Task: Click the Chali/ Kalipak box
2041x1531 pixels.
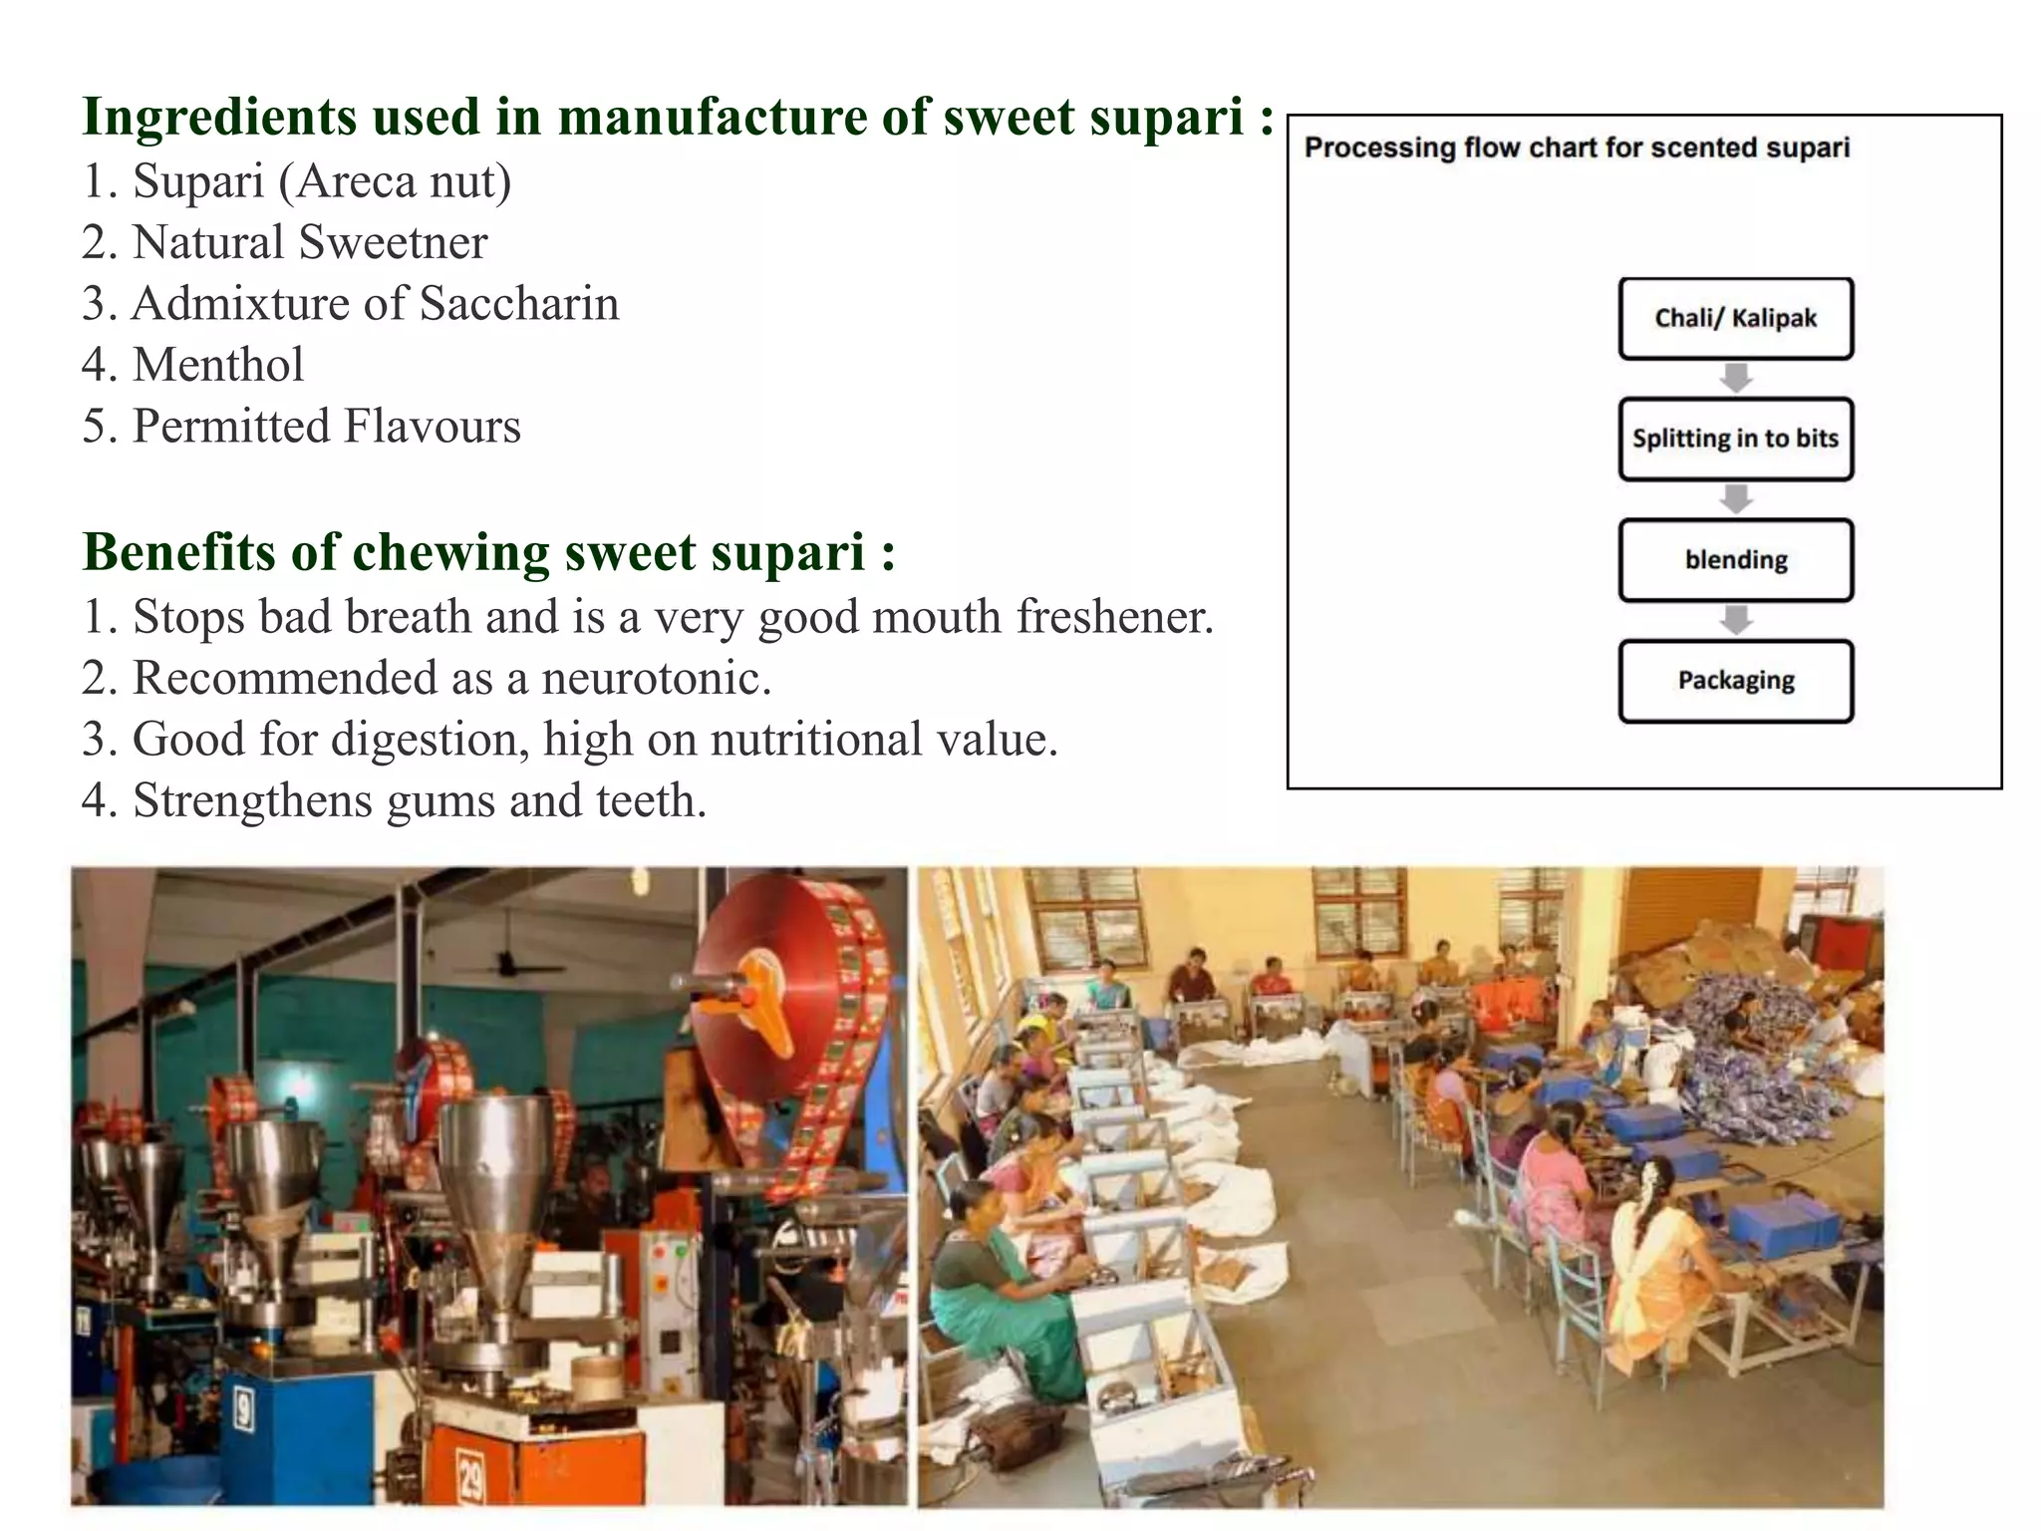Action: [1735, 319]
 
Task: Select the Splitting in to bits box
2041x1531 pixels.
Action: [1735, 439]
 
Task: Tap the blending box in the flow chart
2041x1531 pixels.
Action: [1735, 560]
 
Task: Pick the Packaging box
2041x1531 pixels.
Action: [1735, 681]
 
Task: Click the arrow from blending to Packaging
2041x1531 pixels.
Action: [1736, 620]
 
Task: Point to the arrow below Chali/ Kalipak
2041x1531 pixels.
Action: [1736, 378]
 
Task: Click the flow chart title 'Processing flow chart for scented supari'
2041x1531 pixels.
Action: [1577, 148]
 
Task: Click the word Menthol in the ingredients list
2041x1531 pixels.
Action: [218, 365]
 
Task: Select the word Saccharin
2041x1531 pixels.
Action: [519, 304]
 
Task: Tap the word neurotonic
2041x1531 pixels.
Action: [656, 679]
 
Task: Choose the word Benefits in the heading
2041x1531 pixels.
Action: [179, 552]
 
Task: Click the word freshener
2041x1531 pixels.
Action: [1114, 617]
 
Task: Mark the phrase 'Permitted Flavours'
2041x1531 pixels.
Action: [326, 427]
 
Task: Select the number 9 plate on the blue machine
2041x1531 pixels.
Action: [242, 1410]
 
